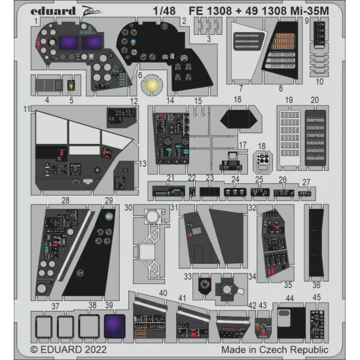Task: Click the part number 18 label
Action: point(262,146)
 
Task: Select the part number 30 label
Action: point(129,207)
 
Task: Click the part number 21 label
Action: point(169,179)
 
